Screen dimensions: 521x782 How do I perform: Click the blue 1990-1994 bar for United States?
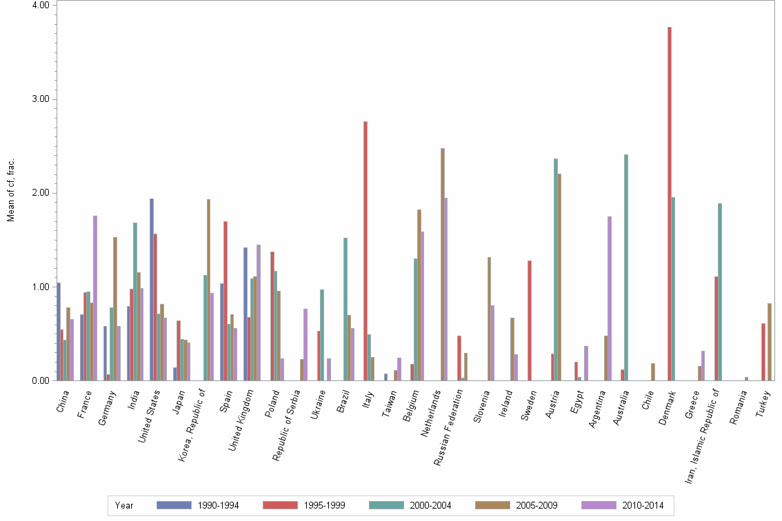152,289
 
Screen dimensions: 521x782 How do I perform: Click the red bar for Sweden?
529,320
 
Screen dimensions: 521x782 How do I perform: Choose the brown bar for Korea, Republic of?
208,289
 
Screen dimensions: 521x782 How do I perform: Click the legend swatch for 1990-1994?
174,505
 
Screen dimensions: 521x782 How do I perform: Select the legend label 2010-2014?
643,505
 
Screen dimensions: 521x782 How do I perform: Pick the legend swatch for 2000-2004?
386,505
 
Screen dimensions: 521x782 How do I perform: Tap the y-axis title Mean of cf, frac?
10,190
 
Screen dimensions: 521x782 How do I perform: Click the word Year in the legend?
124,505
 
